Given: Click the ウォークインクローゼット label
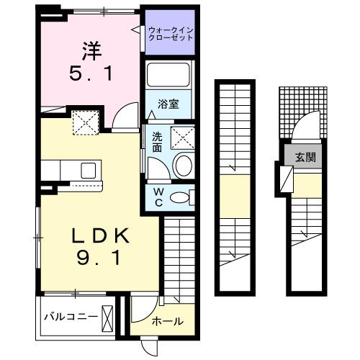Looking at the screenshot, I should click(x=171, y=34).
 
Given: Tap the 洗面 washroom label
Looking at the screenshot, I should click(x=157, y=142).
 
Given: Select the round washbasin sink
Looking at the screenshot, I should click(x=183, y=164).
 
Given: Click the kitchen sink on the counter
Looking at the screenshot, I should click(x=89, y=171).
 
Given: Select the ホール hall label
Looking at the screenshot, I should click(x=167, y=321).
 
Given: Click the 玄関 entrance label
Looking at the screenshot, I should click(x=302, y=156).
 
